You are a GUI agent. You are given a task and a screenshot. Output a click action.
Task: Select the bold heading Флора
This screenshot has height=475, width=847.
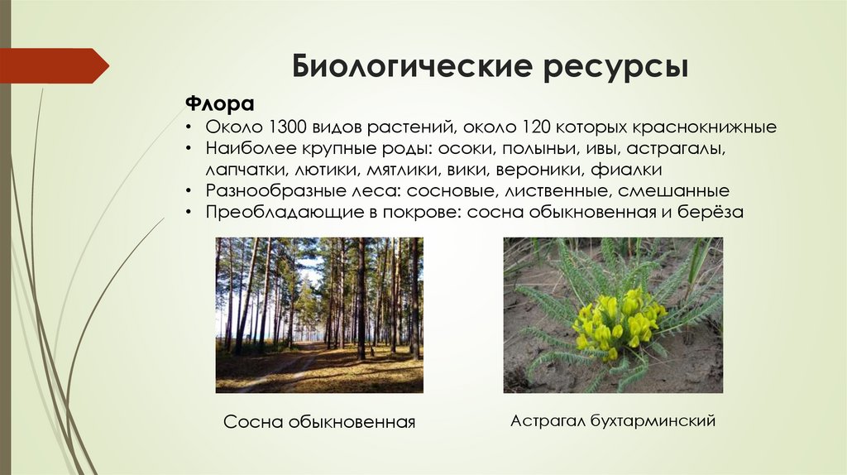pos(218,105)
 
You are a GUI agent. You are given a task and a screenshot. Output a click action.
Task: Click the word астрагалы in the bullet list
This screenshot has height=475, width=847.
pos(683,151)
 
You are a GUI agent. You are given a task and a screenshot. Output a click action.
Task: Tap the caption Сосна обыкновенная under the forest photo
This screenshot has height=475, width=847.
pos(318,422)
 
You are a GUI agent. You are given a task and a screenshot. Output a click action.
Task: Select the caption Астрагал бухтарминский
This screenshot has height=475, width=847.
pos(612,421)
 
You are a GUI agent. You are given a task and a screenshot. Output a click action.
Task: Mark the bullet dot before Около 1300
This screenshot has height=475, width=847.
pos(189,129)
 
